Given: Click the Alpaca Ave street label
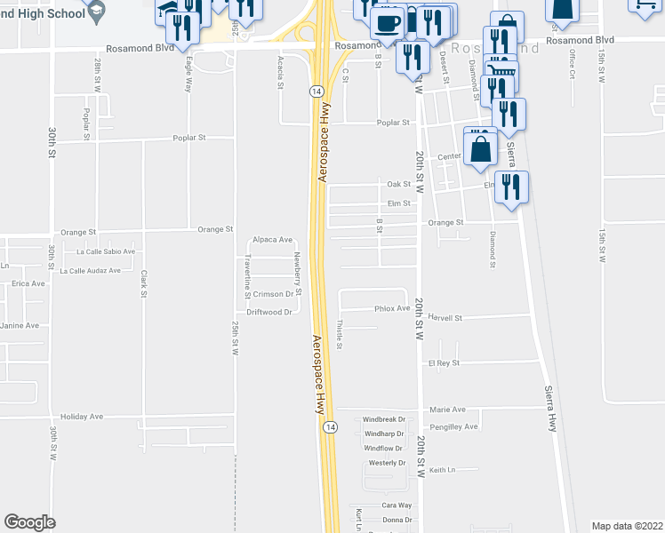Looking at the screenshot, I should (x=272, y=240).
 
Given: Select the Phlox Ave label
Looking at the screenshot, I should (x=392, y=309).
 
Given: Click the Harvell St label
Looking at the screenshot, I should (x=445, y=317).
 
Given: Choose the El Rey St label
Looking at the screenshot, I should (x=443, y=363).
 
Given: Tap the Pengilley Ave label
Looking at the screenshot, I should (x=453, y=426).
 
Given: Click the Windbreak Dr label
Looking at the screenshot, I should (x=384, y=419).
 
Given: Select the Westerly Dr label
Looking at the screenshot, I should (x=388, y=463).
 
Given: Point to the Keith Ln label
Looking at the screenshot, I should (x=442, y=470).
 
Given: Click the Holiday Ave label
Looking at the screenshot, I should (x=82, y=416).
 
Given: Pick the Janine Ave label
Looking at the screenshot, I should (x=20, y=325).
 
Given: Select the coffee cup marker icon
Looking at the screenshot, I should (x=386, y=22).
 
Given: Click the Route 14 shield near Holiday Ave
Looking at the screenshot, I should (x=330, y=426).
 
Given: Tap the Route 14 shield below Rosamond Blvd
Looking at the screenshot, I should (x=316, y=91).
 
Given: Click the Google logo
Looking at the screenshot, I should (x=29, y=522).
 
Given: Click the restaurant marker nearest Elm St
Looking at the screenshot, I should (x=511, y=187).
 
